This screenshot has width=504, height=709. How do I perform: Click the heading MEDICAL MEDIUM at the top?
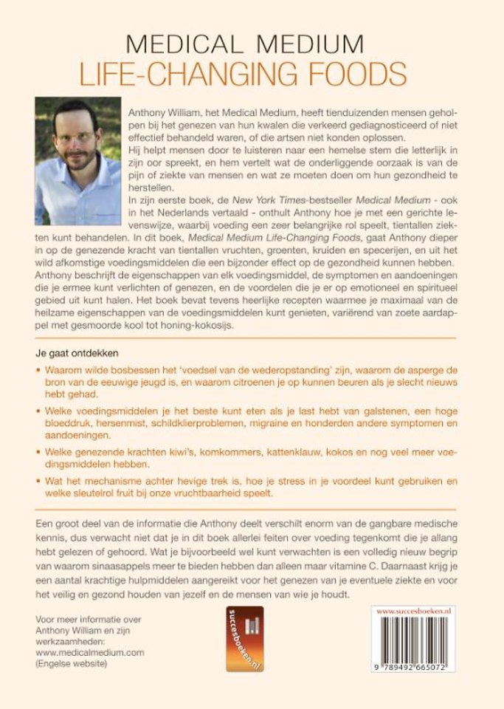(x=251, y=43)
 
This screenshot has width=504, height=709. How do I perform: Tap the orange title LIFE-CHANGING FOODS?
(x=252, y=72)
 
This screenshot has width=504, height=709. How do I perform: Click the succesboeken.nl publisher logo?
(x=244, y=639)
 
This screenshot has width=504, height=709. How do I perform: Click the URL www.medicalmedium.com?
(x=89, y=653)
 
